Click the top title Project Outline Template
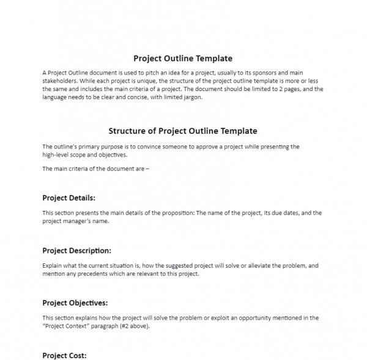(183, 59)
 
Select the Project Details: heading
(69, 198)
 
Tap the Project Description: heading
(76, 251)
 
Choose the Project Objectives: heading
(75, 303)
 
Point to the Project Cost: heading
(64, 355)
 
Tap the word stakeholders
(59, 81)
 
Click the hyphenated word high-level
(57, 155)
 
